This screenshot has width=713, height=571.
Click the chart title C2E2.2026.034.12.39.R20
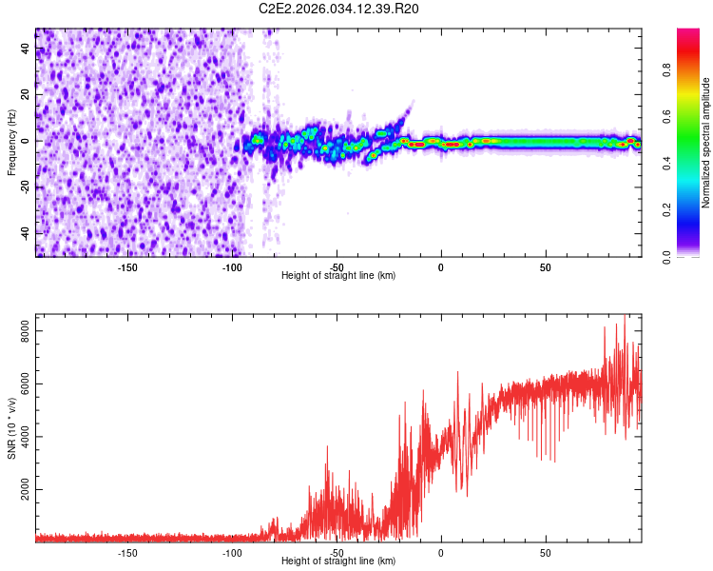339,10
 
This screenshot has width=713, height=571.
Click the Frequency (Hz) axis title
12,142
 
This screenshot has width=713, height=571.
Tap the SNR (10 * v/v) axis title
12,428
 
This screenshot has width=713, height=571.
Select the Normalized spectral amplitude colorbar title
706,143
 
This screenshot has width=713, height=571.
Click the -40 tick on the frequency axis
25,233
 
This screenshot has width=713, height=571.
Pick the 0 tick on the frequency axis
25,141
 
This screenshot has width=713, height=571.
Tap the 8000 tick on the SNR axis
25,331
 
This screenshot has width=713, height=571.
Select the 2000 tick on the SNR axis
25,490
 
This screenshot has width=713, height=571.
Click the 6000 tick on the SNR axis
25,384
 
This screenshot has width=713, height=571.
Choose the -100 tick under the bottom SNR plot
232,552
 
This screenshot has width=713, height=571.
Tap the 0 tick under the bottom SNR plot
441,552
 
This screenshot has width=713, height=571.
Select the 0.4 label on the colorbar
666,163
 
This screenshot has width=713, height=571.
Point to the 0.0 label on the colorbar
666,256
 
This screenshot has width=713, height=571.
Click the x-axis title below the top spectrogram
338,275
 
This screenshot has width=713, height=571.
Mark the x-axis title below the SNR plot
338,561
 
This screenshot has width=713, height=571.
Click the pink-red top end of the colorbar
687,34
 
